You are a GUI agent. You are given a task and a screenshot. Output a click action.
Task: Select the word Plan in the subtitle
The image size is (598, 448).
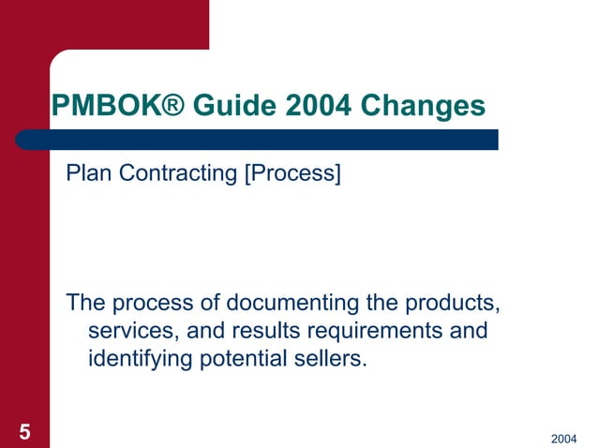point(84,173)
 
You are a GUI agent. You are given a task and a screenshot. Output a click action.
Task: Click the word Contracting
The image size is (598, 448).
point(173,173)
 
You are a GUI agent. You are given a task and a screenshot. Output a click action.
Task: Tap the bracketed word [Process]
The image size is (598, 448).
point(292,173)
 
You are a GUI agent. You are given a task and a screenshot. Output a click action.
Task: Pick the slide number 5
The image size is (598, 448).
point(24,431)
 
